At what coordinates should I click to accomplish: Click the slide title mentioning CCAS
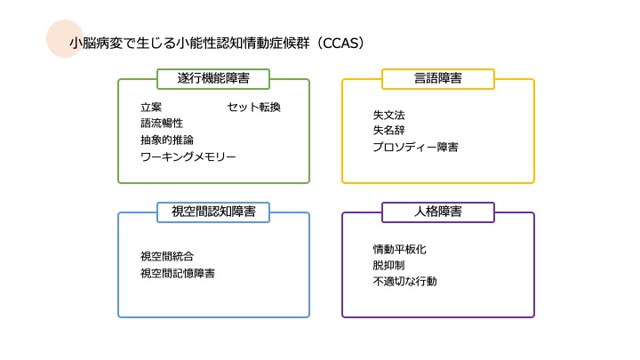click(x=218, y=43)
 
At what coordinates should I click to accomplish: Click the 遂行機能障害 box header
click(x=213, y=79)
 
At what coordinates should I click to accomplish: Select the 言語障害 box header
click(x=437, y=79)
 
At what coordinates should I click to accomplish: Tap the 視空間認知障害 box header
click(x=213, y=212)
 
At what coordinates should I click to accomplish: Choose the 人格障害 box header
click(x=437, y=212)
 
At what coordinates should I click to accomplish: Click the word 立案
click(x=151, y=108)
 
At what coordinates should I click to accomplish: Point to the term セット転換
click(x=253, y=108)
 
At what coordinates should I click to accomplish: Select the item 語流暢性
click(x=162, y=124)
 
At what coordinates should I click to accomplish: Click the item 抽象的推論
click(x=167, y=140)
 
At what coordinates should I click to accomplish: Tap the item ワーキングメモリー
click(x=188, y=156)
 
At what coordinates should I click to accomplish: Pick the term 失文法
click(x=389, y=115)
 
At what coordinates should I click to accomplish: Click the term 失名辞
click(x=389, y=131)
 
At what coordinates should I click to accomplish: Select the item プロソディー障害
click(x=416, y=147)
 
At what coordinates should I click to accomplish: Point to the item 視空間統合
click(x=167, y=257)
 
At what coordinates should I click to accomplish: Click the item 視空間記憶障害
click(x=178, y=273)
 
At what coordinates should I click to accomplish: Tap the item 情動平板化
click(x=400, y=249)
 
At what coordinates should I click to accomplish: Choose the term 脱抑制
click(x=389, y=265)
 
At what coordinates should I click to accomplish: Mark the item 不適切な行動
click(x=405, y=281)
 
